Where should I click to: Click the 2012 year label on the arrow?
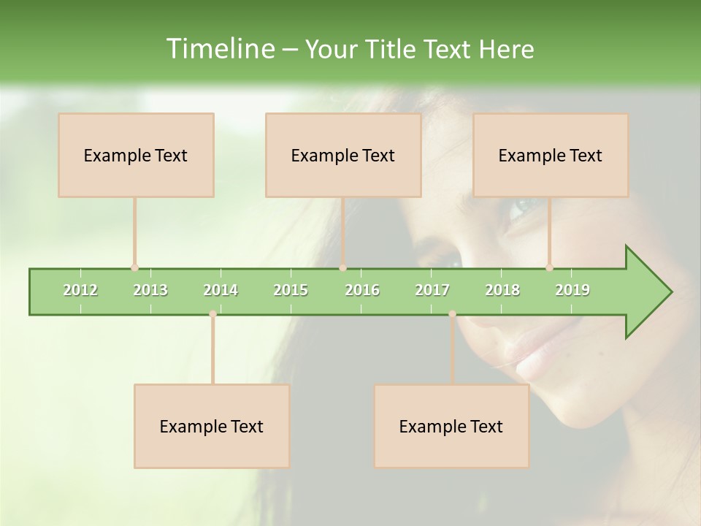click(80, 290)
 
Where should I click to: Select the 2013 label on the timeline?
click(150, 290)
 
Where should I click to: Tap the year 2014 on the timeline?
click(221, 290)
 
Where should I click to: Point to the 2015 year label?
click(291, 290)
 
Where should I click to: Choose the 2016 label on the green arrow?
click(362, 290)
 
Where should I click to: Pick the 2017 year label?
click(432, 290)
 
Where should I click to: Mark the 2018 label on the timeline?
click(502, 290)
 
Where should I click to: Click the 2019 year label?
click(572, 290)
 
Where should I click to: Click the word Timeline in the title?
click(219, 49)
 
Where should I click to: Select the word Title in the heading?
click(392, 49)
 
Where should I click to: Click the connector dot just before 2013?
click(134, 268)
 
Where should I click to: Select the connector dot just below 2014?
click(212, 314)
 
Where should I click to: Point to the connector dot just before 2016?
click(342, 268)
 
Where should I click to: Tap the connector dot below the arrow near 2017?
click(452, 314)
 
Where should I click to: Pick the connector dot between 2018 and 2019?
click(549, 268)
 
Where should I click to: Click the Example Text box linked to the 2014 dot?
click(212, 426)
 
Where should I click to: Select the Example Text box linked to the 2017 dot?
click(451, 426)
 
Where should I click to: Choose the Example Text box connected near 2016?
click(343, 155)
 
